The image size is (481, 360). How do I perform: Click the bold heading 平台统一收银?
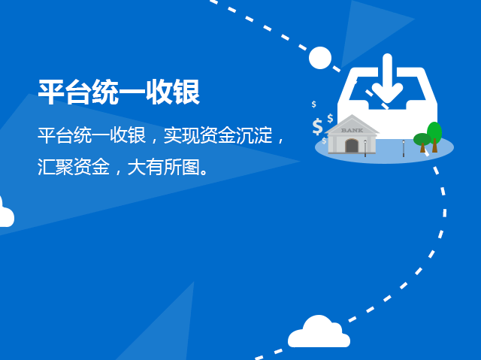(x=119, y=92)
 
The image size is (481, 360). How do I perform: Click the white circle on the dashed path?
(x=320, y=58)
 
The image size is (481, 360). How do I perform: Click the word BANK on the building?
(x=351, y=130)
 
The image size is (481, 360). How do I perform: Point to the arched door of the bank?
(x=352, y=146)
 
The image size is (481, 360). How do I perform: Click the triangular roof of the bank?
(x=351, y=123)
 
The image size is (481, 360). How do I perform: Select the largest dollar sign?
(x=317, y=126)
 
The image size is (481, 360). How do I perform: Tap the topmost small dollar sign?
(x=314, y=104)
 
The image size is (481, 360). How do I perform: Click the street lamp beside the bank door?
(x=365, y=147)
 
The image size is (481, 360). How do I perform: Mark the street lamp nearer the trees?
(x=404, y=146)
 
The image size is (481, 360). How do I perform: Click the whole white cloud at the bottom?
(x=319, y=333)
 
